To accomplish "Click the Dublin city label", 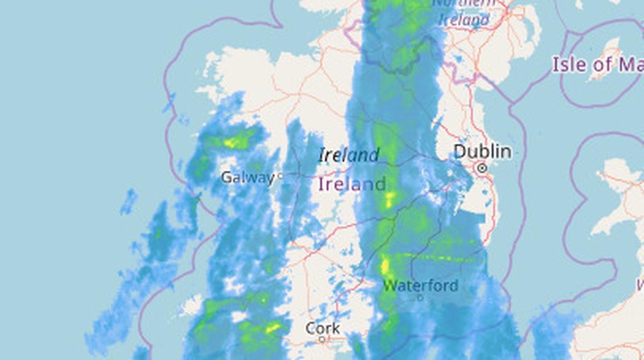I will point(482,152).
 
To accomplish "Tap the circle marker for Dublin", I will point(482,168).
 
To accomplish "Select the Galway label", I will point(247,177).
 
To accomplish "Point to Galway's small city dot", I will point(280,175).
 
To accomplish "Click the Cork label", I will point(323,328).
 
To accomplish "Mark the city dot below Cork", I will point(322,339).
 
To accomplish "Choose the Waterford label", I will point(421,285).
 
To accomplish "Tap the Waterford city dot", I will point(420,297).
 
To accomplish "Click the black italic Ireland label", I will point(349,156).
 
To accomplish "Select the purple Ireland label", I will point(352,185).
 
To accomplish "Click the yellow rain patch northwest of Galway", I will point(233,143).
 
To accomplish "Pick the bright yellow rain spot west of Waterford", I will point(385,266).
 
